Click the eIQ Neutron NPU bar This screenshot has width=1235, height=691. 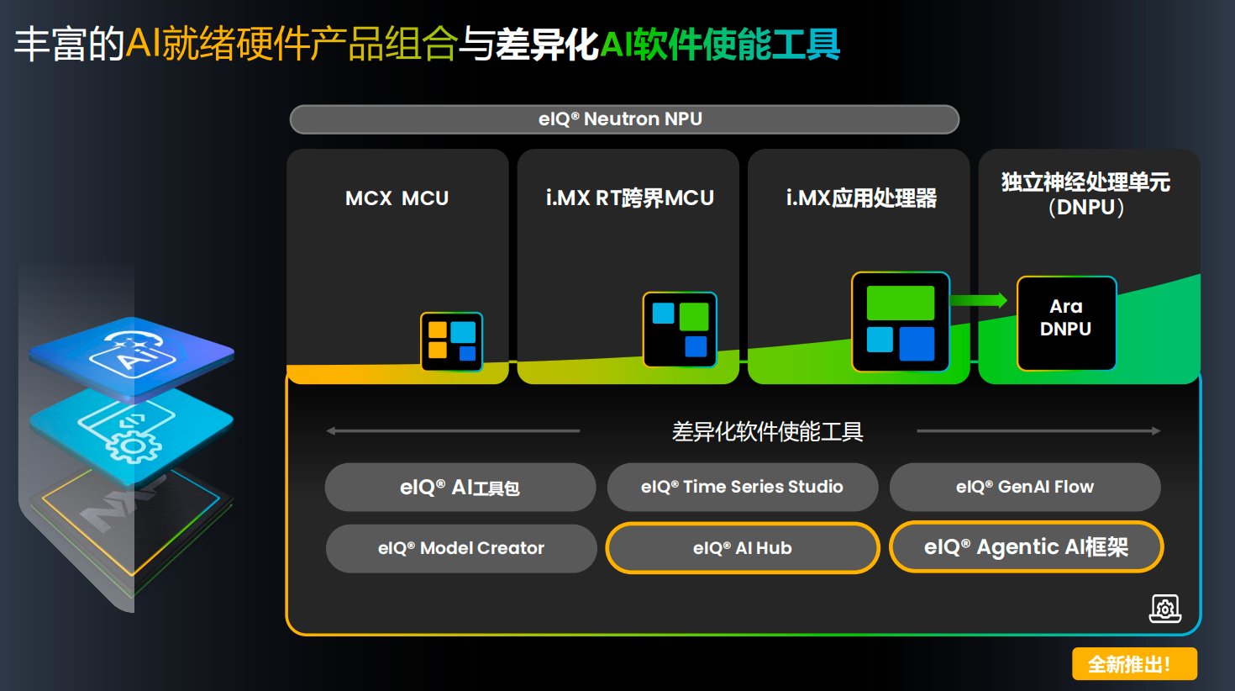[624, 119]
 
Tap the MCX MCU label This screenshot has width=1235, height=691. [397, 198]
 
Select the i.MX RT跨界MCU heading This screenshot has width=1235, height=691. [629, 198]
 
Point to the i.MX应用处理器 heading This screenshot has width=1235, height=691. [861, 198]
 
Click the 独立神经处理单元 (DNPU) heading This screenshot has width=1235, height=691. [1085, 194]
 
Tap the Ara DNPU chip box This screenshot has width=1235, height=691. [1066, 323]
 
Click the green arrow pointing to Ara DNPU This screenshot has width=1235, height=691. [980, 300]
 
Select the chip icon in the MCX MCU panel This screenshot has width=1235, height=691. [451, 341]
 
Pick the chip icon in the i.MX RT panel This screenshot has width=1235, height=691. [680, 330]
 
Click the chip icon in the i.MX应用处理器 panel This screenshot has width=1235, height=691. [900, 322]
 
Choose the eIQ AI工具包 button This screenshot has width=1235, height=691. [460, 488]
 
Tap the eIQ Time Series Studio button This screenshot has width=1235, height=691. [742, 488]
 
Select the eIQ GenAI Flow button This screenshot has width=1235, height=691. [1024, 488]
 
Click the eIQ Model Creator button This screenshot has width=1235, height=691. [460, 549]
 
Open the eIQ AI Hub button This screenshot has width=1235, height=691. [742, 549]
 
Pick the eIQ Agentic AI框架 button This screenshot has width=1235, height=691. [1026, 547]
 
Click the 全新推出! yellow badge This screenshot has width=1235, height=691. [1134, 664]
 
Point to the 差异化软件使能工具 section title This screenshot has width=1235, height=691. [767, 432]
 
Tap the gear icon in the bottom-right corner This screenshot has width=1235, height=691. [1164, 608]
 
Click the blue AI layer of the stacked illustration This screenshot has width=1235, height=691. [132, 354]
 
